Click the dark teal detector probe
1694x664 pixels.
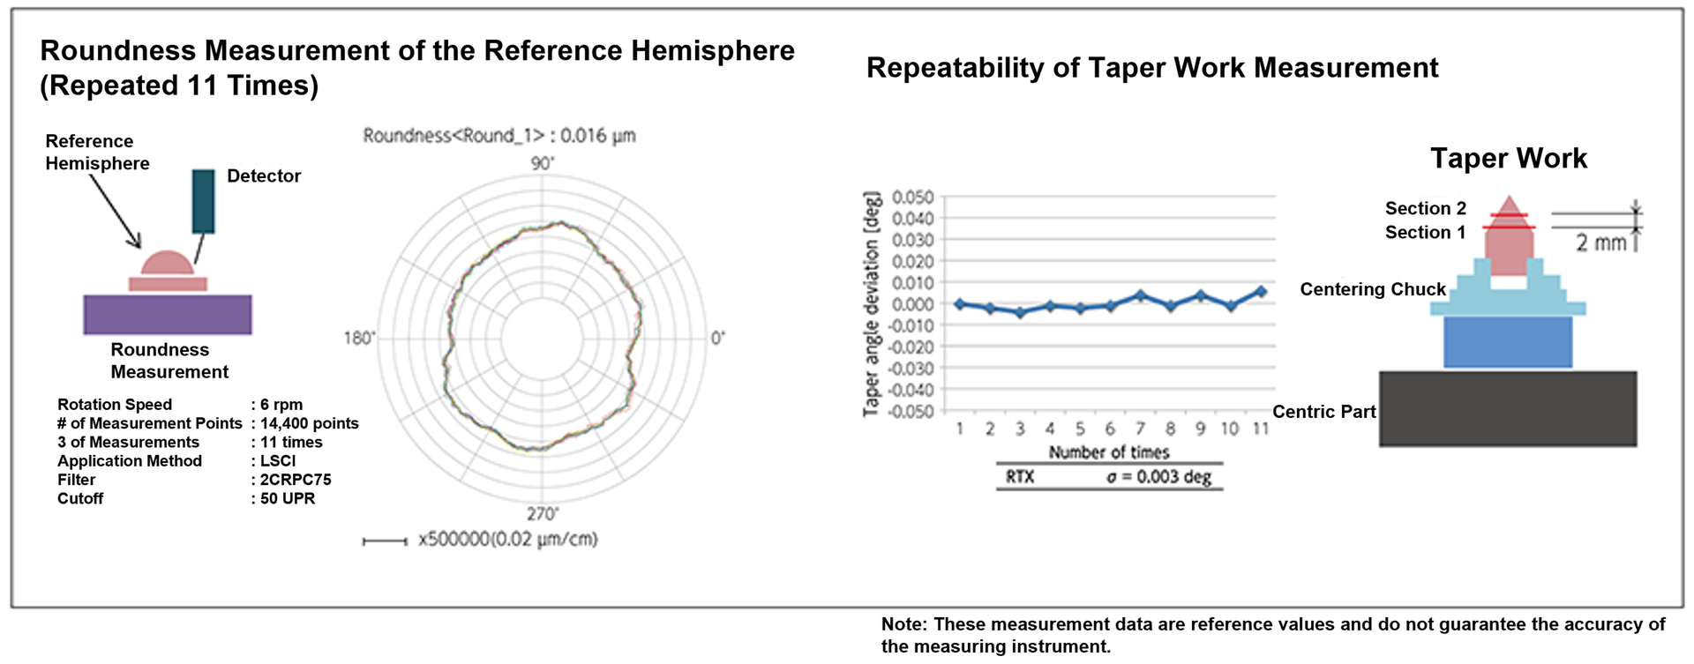click(203, 201)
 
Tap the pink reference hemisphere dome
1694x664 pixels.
click(167, 264)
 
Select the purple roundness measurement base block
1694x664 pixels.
click(168, 315)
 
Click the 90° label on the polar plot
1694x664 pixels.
click(543, 164)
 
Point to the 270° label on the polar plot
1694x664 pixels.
click(543, 514)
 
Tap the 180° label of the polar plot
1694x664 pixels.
click(359, 339)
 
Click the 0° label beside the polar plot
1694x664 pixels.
click(718, 339)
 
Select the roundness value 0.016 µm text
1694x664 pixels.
click(597, 136)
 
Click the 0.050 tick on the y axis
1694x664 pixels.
click(912, 197)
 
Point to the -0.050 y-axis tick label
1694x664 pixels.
click(910, 412)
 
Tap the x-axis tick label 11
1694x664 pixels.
click(1261, 429)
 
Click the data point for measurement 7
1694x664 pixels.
click(1141, 296)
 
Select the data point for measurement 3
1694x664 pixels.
click(1020, 312)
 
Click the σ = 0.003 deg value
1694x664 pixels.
click(1159, 477)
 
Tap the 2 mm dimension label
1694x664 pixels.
click(1600, 242)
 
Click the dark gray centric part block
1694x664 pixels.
click(1508, 408)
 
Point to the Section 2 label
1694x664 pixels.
click(1425, 209)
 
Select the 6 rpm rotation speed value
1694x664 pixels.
click(281, 405)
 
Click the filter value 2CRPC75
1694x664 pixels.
click(296, 480)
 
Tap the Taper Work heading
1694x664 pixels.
click(1508, 159)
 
